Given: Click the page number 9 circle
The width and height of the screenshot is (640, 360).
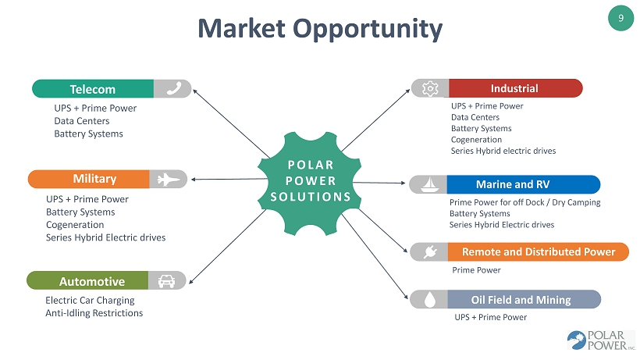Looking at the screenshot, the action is point(620,18).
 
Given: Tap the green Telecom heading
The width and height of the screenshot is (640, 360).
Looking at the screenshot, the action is point(93,89).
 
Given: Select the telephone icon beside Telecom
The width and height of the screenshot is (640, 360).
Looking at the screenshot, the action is point(174,88).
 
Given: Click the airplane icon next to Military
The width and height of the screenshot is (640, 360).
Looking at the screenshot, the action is point(168,179).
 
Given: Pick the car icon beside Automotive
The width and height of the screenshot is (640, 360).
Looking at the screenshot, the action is point(166,281).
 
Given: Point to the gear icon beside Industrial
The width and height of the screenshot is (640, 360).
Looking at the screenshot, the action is point(430,88).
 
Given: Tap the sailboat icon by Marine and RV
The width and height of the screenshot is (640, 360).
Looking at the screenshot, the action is point(429,184).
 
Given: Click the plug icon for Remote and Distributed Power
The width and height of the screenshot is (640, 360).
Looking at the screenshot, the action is point(430,251).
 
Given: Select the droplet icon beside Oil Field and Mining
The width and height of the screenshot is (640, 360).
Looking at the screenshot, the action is point(430,300).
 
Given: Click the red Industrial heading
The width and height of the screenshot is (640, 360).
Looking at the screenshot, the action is point(515,88).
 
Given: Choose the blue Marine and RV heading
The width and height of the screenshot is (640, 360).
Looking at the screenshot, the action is point(524,184).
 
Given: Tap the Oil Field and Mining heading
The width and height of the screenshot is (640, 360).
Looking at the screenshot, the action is point(524,300).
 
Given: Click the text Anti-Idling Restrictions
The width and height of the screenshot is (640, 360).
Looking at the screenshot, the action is point(94,313).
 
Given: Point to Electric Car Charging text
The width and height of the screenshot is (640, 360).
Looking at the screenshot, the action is point(90,301).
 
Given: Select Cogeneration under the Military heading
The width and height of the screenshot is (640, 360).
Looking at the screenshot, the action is point(75,225).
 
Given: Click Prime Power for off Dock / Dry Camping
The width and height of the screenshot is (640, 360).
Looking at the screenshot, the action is point(525,202).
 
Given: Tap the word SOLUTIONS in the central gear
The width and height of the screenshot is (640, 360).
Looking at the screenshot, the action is point(311,197).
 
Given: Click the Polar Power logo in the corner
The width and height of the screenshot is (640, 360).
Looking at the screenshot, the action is point(601,340).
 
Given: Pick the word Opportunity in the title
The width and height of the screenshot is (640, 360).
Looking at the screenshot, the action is point(368,30).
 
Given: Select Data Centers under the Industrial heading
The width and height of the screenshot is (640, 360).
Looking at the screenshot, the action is point(475,117).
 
